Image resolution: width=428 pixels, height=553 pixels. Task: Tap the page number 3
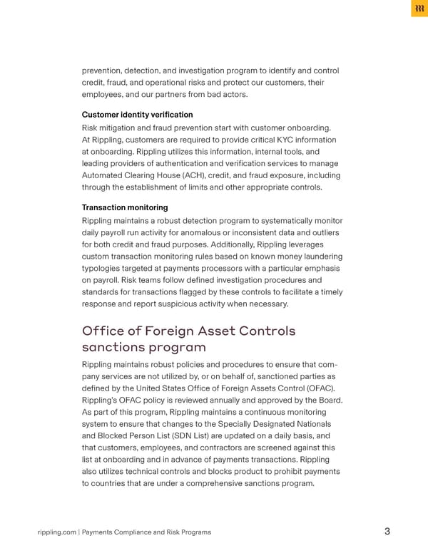387,531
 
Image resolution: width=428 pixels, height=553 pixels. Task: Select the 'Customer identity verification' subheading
137,115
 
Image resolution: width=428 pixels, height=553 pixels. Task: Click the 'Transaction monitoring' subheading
125,207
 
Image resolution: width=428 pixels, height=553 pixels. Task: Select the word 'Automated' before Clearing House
106,175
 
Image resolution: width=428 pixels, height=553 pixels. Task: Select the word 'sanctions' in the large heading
116,348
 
